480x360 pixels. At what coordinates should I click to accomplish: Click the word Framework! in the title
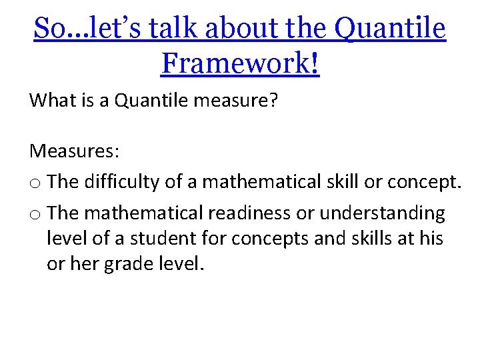240,63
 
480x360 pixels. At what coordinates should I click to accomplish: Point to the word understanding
383,213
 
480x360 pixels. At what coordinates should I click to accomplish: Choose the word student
157,239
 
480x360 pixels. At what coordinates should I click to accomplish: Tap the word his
430,239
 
